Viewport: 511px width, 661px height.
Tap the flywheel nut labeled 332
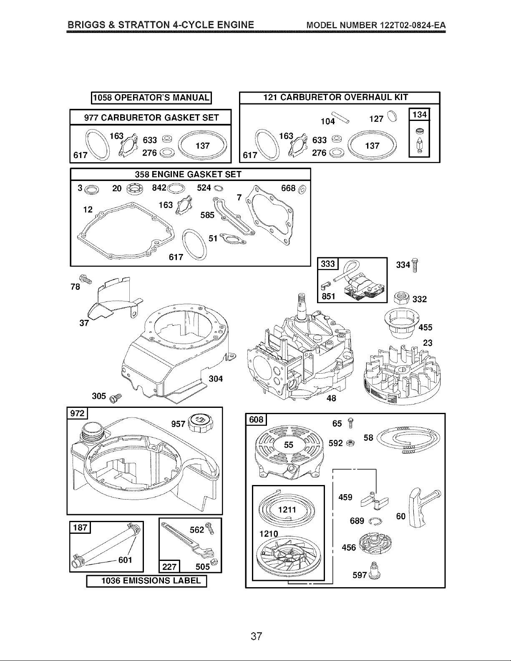pyautogui.click(x=402, y=297)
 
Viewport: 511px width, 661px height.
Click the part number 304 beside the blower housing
pyautogui.click(x=216, y=379)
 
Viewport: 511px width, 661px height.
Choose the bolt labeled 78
pyautogui.click(x=85, y=279)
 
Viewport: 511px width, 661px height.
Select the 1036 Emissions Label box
pyautogui.click(x=146, y=581)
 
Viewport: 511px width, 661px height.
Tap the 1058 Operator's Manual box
pyautogui.click(x=151, y=98)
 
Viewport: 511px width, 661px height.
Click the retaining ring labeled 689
pyautogui.click(x=375, y=522)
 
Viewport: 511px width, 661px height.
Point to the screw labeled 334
pyautogui.click(x=415, y=265)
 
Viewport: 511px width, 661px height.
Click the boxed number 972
pyautogui.click(x=77, y=413)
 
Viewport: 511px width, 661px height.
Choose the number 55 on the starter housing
pyautogui.click(x=289, y=445)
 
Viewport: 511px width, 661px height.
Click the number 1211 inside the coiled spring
pyautogui.click(x=287, y=510)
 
